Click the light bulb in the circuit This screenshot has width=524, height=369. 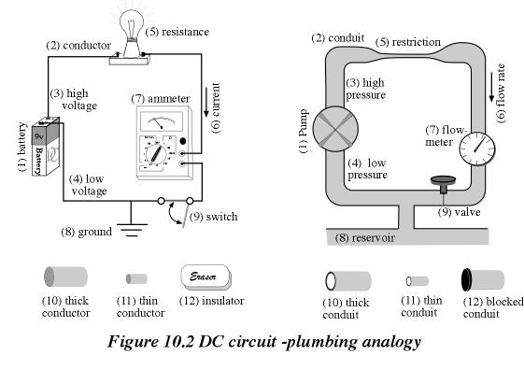[x=132, y=34]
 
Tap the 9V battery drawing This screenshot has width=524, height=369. [x=46, y=146]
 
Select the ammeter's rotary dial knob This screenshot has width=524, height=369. [x=155, y=154]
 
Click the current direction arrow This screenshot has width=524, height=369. [x=205, y=102]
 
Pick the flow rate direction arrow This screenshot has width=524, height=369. [x=491, y=87]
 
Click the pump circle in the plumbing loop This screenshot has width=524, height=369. [x=335, y=129]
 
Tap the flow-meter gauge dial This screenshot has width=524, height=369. [x=477, y=149]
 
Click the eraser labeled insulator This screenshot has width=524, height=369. [x=205, y=277]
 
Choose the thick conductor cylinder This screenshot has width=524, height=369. [x=65, y=277]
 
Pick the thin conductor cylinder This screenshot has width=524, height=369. [x=136, y=278]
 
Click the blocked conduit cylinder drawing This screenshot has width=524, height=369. [x=483, y=279]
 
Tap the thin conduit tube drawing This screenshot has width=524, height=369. [x=418, y=281]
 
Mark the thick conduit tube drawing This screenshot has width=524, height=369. [x=348, y=281]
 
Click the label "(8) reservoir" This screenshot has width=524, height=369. [x=365, y=237]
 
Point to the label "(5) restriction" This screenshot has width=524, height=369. [x=407, y=42]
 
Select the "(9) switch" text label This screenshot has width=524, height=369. [x=214, y=217]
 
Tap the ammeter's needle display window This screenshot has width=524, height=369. [x=162, y=121]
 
